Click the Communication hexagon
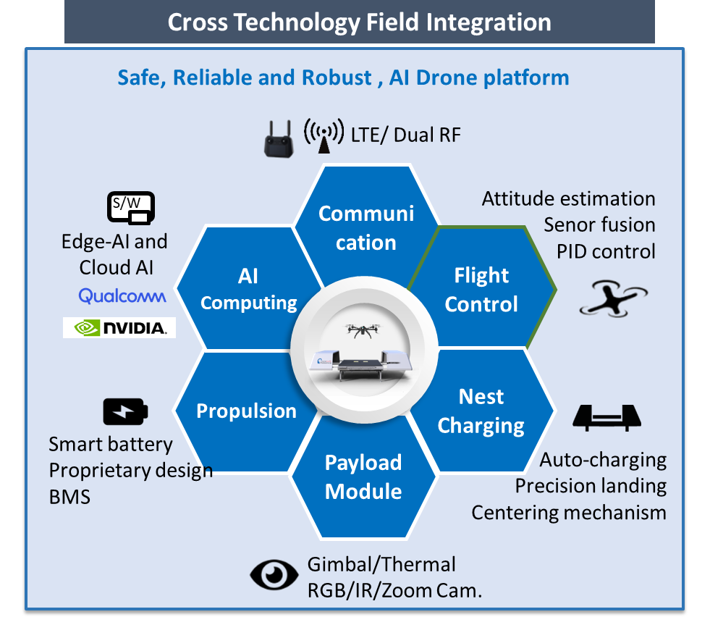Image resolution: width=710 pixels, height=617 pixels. pos(366,227)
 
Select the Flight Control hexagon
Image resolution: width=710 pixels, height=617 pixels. pos(481,289)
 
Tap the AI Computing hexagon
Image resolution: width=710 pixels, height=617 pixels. pos(248,289)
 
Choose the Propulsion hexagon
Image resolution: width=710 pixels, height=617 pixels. pos(246,411)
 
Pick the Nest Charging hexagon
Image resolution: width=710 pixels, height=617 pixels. pos(481,411)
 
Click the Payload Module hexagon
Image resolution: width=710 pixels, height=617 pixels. pos(363,477)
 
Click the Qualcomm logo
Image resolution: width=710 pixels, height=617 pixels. pos(122,296)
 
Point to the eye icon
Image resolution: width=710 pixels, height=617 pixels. pos(274,575)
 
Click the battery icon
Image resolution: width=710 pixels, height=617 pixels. pos(126,412)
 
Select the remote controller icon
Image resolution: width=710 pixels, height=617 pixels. pos(276,138)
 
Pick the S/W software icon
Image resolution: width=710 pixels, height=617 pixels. pos(131,209)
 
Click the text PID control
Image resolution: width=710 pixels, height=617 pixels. pos(606,251)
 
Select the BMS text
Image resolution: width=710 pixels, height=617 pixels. pos(69,497)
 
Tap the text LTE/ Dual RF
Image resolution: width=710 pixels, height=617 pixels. pos(405,135)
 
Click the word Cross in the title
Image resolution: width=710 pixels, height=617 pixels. pos(198,22)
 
